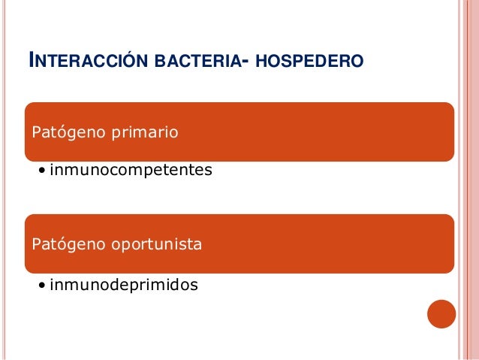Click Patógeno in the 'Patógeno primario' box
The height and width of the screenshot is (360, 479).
(65, 133)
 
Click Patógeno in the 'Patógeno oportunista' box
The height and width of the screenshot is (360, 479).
(65, 245)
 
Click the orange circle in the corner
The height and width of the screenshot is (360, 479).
(441, 314)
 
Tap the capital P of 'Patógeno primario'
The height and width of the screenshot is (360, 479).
(35, 133)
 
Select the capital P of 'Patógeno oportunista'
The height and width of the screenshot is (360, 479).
(35, 245)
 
